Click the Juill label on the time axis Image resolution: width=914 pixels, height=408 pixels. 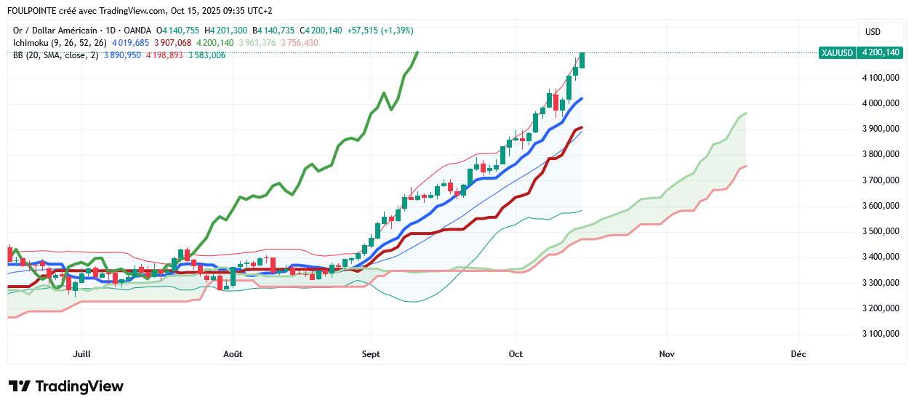82,354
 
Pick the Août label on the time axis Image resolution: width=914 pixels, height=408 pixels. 233,354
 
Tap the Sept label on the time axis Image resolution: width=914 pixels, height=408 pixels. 371,354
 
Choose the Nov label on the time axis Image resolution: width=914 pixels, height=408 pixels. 666,354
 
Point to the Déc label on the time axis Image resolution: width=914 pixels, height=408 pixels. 798,354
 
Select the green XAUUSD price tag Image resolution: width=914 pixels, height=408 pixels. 861,52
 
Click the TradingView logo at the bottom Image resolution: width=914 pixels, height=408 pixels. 65,386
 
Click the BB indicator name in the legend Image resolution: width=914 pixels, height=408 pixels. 19,55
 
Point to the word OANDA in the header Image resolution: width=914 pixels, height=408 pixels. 136,31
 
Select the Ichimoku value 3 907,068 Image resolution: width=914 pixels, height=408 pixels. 172,43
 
